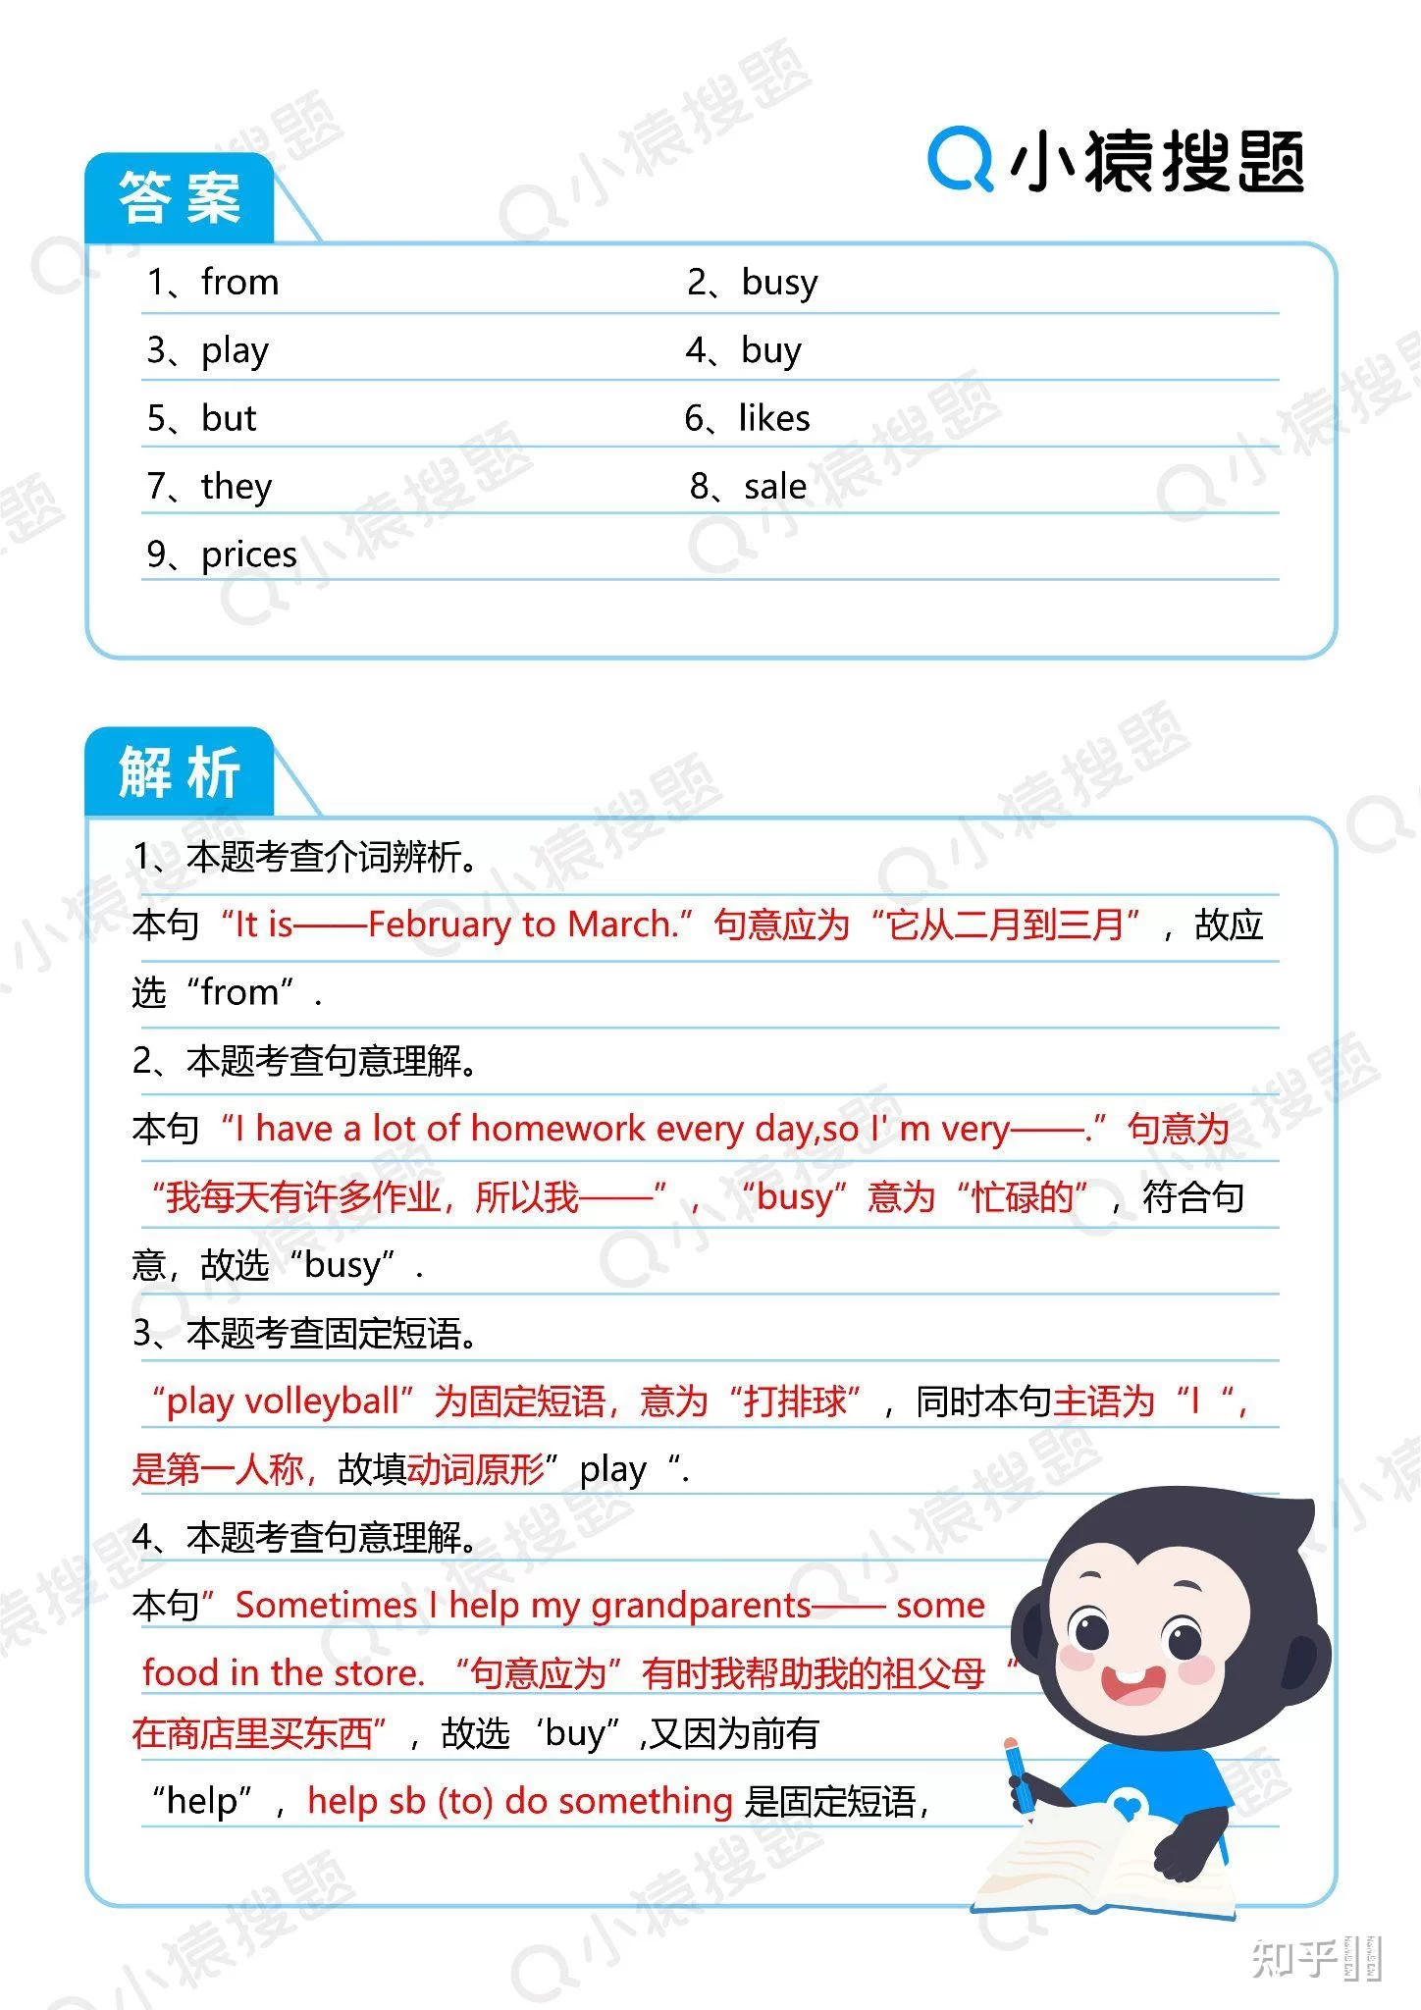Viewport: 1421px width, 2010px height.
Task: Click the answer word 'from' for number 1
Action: tap(239, 283)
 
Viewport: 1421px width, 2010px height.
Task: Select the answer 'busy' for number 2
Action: tap(779, 283)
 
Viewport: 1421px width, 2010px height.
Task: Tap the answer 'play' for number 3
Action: tap(235, 351)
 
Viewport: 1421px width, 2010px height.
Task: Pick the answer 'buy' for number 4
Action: tap(771, 351)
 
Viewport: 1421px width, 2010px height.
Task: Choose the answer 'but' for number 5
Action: tap(229, 419)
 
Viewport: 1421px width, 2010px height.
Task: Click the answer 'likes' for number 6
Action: tap(774, 419)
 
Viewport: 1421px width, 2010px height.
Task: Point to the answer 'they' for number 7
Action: tap(237, 487)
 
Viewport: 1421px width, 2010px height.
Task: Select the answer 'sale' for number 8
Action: tap(775, 487)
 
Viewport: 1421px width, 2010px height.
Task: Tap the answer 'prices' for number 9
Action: tap(249, 555)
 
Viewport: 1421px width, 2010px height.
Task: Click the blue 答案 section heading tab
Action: tap(180, 198)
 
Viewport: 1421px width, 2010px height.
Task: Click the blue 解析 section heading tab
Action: tap(180, 772)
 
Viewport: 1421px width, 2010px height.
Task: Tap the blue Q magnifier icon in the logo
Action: tap(960, 158)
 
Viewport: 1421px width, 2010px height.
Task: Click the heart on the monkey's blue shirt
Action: tap(1129, 1805)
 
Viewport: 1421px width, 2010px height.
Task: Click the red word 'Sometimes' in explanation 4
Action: tap(326, 1606)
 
